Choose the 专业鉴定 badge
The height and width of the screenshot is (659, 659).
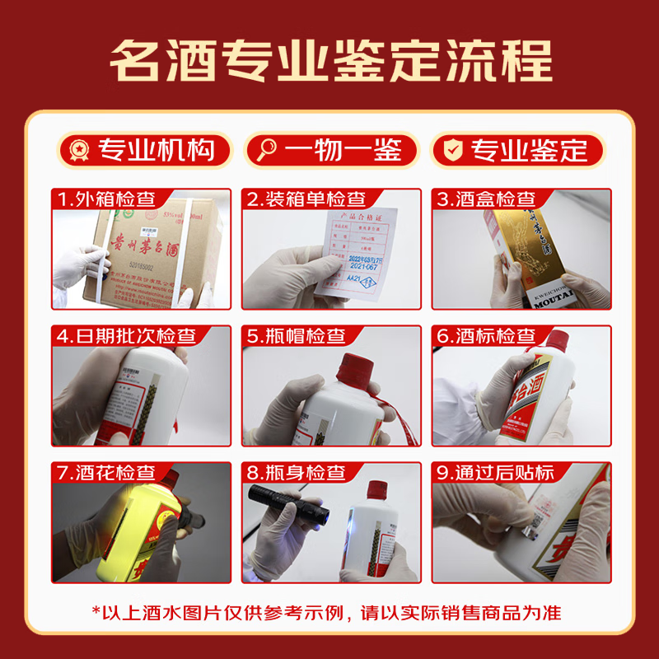click(517, 151)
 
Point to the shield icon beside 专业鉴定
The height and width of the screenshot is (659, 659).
click(452, 151)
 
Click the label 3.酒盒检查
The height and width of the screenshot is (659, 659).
click(486, 199)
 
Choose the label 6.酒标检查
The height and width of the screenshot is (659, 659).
click(486, 335)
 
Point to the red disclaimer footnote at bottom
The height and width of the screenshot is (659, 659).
click(329, 613)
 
